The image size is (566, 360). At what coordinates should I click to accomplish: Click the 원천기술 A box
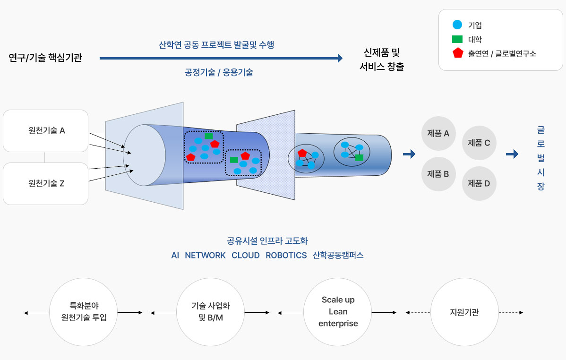point(46,131)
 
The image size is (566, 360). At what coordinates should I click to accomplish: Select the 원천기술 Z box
point(46,184)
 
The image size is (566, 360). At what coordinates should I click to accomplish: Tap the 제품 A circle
point(438,133)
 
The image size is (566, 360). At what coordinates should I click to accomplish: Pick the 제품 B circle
point(438,174)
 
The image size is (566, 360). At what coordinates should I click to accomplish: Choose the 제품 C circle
point(479,143)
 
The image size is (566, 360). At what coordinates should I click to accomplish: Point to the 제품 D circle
point(479,183)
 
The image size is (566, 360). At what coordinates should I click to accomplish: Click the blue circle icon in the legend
point(457,25)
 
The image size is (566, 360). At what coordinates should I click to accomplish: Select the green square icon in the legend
point(457,39)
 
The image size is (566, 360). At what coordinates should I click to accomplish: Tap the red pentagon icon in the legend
point(457,53)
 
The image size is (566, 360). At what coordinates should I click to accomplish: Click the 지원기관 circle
point(464,312)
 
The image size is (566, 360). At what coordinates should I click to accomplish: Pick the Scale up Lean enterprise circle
point(338,312)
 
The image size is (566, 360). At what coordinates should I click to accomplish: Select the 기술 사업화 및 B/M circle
point(210,312)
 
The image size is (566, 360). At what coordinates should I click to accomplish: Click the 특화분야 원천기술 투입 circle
point(84,312)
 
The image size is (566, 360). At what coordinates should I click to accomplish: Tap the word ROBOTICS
point(286,255)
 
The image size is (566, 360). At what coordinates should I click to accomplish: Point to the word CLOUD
point(245,255)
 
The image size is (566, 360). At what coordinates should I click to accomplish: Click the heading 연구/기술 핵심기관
point(45,58)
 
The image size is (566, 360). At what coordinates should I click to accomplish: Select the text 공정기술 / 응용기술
point(219,73)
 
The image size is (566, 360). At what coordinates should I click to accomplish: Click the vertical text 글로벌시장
point(541,158)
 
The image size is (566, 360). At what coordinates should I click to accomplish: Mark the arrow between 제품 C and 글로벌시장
point(512,154)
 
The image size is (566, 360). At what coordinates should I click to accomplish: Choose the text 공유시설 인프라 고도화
point(267,241)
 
